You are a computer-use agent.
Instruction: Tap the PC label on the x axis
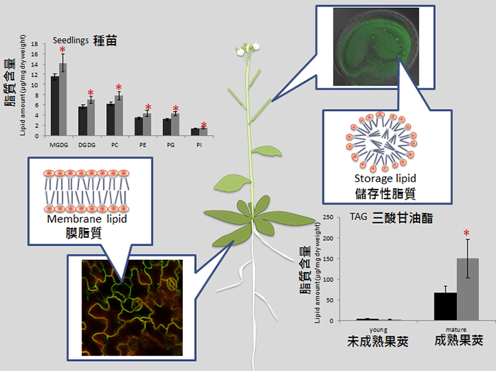115,144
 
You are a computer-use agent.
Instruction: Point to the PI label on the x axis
200,144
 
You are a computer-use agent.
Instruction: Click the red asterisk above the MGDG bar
63,52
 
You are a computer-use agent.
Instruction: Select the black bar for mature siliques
445,306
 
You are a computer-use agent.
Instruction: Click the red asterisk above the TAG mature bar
467,233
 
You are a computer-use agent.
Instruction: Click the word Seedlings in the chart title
71,40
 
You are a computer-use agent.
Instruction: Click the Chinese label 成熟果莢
458,340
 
